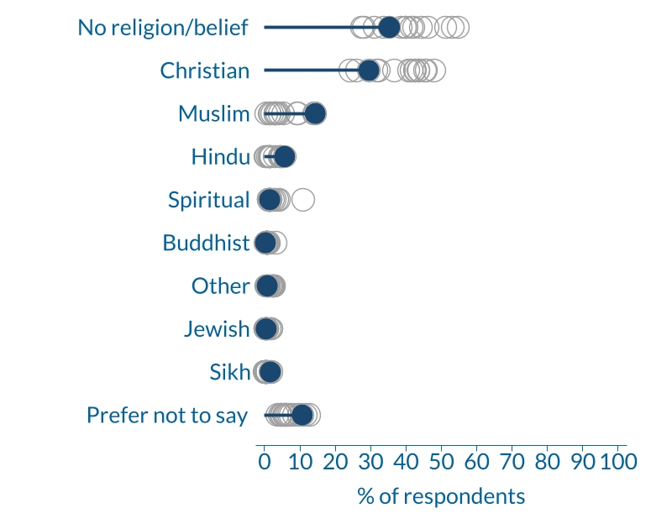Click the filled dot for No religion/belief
tap(389, 28)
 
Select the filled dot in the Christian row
tap(369, 71)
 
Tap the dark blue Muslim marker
tap(315, 114)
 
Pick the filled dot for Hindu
tap(285, 157)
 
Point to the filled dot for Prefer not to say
tap(302, 415)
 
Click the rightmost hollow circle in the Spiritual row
tap(303, 200)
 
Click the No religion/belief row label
tap(163, 28)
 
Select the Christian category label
tap(205, 71)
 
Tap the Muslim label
tap(213, 114)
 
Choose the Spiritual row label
tap(208, 200)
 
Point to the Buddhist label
tap(206, 243)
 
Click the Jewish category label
tap(217, 329)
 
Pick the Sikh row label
tap(229, 372)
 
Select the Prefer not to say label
tap(167, 415)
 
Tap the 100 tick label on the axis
tap(618, 461)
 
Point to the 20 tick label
tap(335, 461)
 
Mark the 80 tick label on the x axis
tap(547, 461)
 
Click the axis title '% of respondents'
tap(441, 495)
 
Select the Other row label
tap(220, 286)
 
